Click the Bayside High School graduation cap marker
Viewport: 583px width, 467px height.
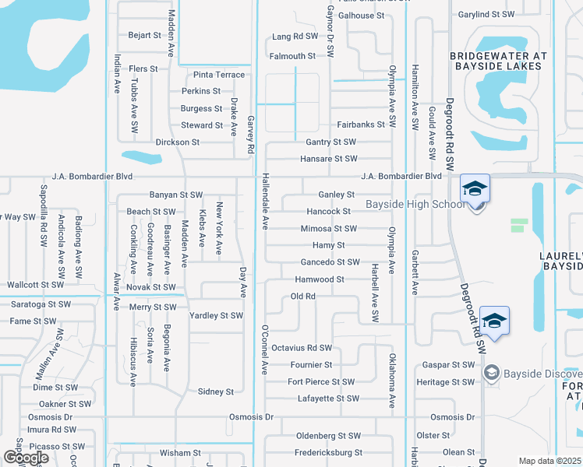(x=475, y=189)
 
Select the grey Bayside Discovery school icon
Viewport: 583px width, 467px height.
(x=492, y=374)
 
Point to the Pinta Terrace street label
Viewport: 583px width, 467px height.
(x=219, y=75)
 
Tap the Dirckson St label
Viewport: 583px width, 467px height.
(x=178, y=142)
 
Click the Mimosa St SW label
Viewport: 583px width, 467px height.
(x=329, y=229)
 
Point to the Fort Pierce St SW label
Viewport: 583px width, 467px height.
(x=321, y=381)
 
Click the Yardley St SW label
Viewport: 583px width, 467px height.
(x=217, y=316)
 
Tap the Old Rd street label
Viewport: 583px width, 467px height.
(x=302, y=297)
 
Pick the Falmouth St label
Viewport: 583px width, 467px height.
(x=292, y=56)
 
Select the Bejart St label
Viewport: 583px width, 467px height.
(x=144, y=35)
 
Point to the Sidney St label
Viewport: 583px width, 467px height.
(x=216, y=392)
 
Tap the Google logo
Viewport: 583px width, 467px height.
(x=26, y=458)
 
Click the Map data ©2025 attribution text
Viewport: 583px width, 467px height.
(x=550, y=461)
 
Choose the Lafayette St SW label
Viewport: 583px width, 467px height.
(x=328, y=399)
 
